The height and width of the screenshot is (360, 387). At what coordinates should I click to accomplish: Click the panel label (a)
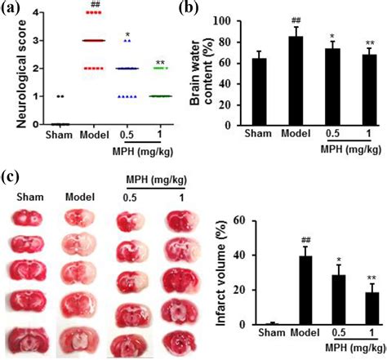pos(11,10)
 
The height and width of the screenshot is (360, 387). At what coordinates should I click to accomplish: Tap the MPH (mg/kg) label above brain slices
pos(147,179)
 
